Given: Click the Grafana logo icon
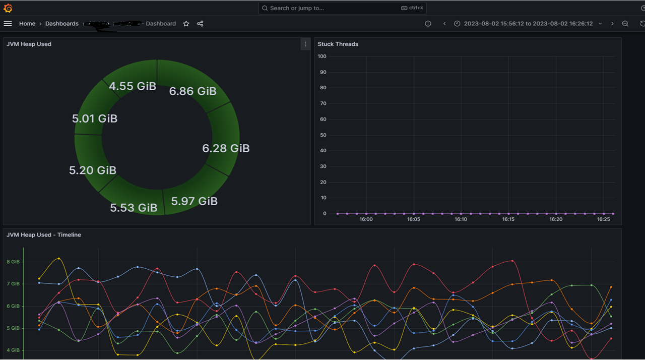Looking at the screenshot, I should pos(8,8).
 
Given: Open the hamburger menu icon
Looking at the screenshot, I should pos(8,24).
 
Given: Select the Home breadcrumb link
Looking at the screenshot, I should pos(27,24).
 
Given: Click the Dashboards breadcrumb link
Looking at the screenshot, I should pos(62,24).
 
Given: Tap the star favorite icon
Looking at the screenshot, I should pos(186,24).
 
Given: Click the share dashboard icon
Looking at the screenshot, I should pos(200,24).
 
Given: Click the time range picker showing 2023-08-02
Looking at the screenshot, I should pos(528,24).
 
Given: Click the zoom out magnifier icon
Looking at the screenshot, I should pos(625,24).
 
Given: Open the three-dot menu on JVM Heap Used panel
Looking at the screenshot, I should pos(305,44).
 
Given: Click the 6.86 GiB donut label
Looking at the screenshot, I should pos(192,91).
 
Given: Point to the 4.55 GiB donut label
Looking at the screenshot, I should pos(133,86).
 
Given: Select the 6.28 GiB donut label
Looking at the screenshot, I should pos(226,148).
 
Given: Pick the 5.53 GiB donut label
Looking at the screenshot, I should pos(134,208).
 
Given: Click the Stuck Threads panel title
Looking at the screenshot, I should pos(338,44).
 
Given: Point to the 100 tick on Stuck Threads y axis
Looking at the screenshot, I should pos(322,56).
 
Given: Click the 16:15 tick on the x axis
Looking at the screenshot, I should pos(508,219).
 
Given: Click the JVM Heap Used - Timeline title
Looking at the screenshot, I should pos(44,235).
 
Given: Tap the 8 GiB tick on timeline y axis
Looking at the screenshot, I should pos(13,262).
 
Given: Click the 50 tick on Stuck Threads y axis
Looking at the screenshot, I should pos(323,135).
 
